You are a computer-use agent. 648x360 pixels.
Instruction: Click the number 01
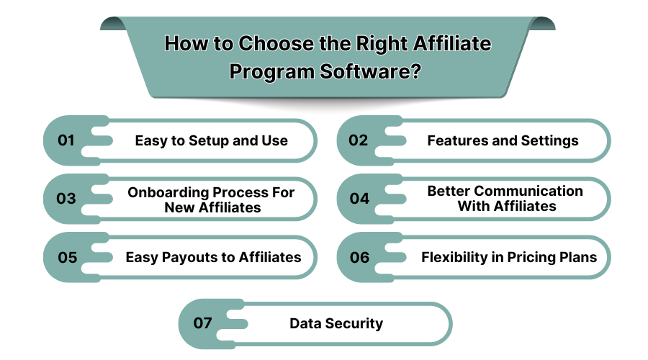(66, 141)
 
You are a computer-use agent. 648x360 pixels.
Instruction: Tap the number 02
(359, 141)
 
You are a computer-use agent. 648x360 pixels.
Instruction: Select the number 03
(66, 199)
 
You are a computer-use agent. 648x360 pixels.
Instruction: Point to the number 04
(359, 199)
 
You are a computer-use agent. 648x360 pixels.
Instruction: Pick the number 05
(67, 257)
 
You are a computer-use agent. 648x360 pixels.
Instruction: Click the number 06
(359, 257)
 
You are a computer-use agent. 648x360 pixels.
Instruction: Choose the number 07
(203, 323)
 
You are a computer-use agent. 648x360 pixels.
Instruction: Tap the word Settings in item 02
(546, 141)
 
